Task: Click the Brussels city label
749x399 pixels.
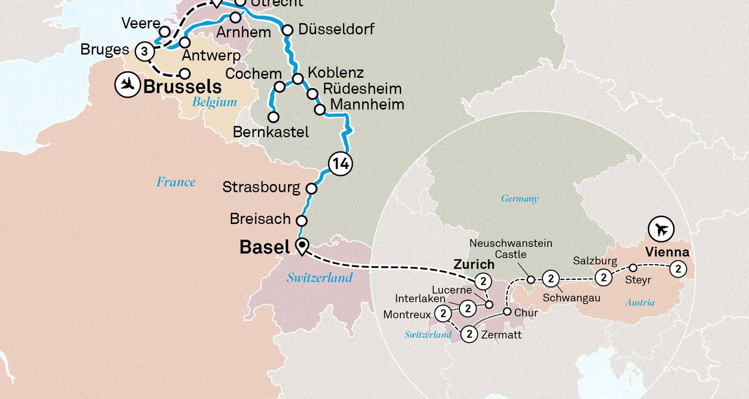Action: click(182, 87)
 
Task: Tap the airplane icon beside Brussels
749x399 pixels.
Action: click(127, 85)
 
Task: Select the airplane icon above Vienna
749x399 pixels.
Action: click(661, 230)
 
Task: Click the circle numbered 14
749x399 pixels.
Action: click(340, 164)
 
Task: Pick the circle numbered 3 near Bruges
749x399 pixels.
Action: click(144, 51)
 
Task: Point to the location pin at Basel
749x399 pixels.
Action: click(302, 246)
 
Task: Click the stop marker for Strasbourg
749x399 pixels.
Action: click(311, 189)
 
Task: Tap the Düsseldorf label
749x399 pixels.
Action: click(336, 29)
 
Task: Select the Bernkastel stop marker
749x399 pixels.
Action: click(274, 117)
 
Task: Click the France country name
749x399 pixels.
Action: click(176, 182)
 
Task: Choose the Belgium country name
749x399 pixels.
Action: click(215, 102)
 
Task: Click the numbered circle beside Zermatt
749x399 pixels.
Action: click(469, 334)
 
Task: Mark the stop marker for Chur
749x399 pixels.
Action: click(507, 312)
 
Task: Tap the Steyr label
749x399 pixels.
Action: click(638, 280)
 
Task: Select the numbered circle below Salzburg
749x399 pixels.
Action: click(604, 277)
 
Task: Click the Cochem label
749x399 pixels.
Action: click(254, 74)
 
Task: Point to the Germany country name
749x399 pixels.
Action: click(520, 199)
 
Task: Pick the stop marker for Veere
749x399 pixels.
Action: click(164, 32)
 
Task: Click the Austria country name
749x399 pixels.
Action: click(640, 303)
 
